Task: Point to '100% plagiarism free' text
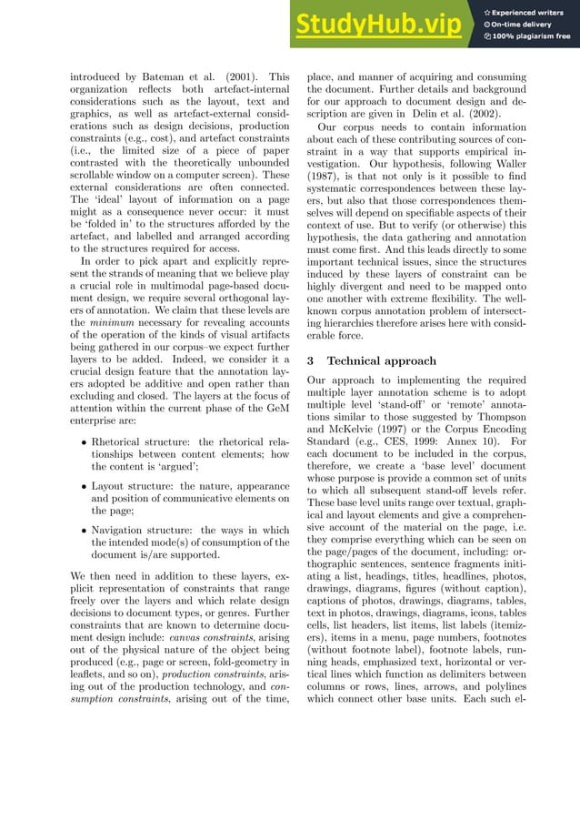click(531, 36)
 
